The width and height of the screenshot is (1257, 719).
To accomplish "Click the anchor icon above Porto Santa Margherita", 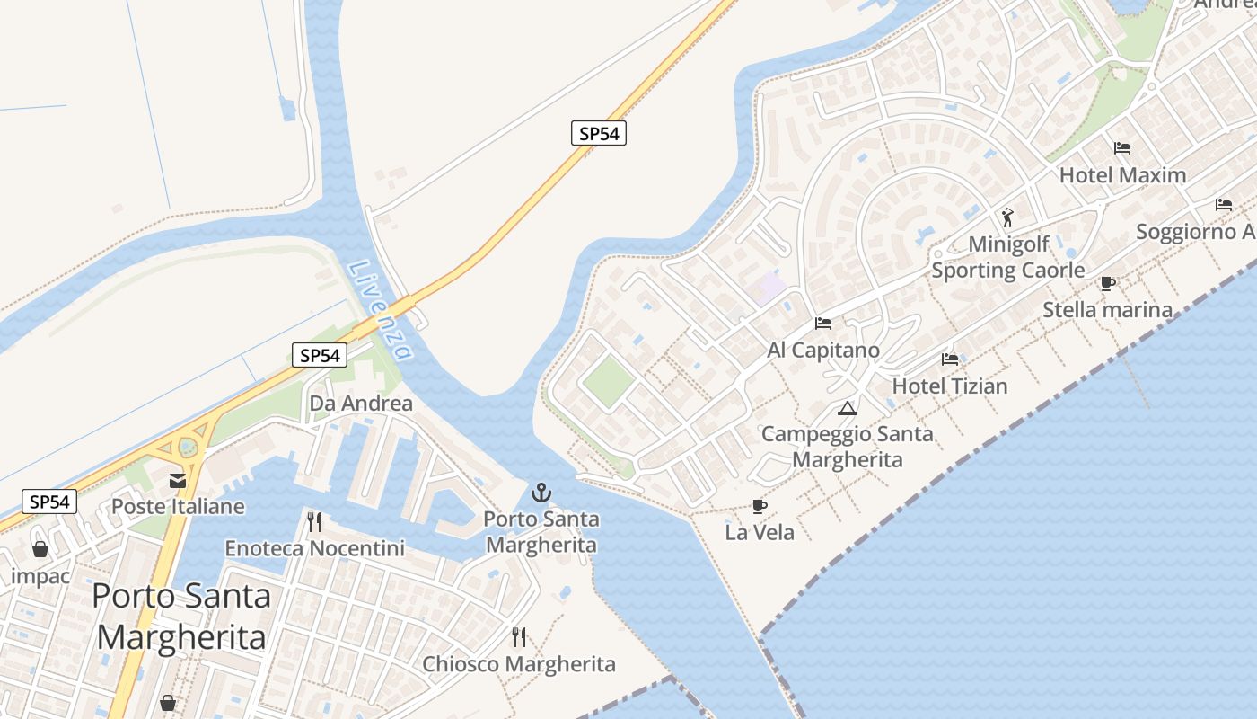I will coord(541,492).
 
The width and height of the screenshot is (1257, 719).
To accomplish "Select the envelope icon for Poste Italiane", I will coord(178,481).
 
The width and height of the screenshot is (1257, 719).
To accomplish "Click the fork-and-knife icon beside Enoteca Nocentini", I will coord(314,522).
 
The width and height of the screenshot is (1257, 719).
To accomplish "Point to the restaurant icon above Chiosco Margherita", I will coord(519,637).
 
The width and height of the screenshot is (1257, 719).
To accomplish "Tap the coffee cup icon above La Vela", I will coord(760,506).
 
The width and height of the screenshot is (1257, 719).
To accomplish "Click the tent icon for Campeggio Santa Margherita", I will coord(847,409).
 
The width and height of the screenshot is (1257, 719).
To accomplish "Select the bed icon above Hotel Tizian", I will coord(950,359).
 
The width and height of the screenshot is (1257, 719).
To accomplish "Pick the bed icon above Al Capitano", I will coord(823,324).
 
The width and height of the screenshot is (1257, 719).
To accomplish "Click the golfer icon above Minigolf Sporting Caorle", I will coord(1007,217).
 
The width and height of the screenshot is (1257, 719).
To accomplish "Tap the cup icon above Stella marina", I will coord(1108,284).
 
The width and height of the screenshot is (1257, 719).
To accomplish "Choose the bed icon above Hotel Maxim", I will coord(1122,148).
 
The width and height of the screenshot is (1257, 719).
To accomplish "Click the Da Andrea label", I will coord(361,404).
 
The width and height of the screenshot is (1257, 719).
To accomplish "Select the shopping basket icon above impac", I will coord(40,549).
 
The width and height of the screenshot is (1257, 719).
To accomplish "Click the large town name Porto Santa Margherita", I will coord(181,616).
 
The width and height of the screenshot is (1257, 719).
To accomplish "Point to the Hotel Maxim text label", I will coord(1123,175).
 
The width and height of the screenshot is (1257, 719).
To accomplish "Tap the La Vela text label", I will coord(760,533).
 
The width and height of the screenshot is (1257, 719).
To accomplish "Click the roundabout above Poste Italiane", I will coord(188,446).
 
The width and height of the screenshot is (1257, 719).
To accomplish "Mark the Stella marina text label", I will coord(1107,310).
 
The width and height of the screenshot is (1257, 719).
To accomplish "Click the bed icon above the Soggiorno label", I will coord(1224,205).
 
